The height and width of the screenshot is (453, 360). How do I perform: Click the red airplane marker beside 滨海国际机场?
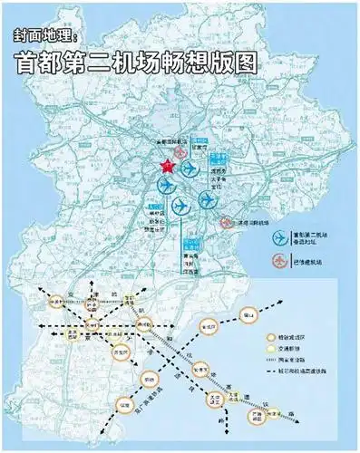coord(226,222)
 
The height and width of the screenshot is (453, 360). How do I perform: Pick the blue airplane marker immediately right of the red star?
coord(189,169)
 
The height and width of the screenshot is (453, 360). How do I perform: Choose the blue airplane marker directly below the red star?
coord(166,187)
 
